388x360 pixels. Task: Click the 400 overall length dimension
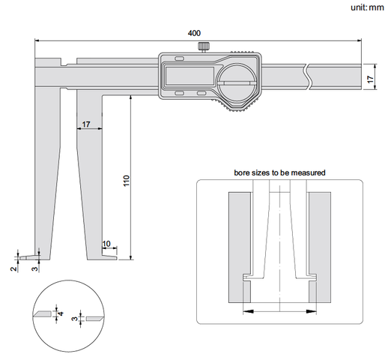tap(194, 33)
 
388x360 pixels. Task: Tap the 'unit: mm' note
tap(367, 7)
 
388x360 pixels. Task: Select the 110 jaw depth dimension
tap(127, 181)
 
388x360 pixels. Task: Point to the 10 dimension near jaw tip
tap(106, 244)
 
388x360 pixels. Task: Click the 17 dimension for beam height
tap(371, 79)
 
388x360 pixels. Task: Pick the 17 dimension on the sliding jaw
tap(86, 124)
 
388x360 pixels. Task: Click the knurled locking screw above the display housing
tap(204, 46)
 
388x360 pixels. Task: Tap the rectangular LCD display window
tap(190, 76)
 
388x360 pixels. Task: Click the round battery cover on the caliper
tap(236, 82)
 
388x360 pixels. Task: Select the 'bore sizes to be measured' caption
tap(279, 172)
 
